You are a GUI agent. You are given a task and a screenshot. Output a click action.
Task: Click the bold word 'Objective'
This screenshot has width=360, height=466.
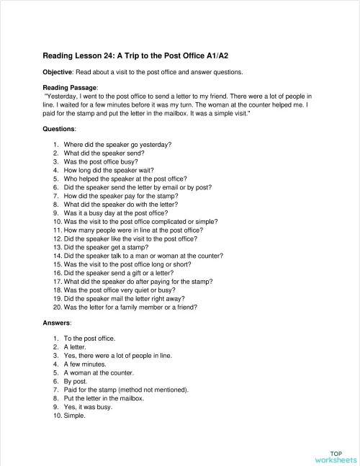tap(60, 72)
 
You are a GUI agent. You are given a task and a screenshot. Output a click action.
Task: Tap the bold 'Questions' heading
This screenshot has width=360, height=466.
tap(59, 129)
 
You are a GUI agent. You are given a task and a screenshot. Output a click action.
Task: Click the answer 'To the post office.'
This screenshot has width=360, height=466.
tap(89, 338)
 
